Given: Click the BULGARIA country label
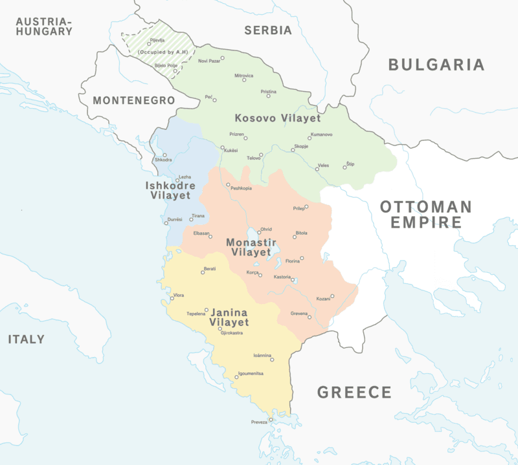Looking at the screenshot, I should coord(436,65).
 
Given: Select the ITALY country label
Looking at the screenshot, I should coord(27,340).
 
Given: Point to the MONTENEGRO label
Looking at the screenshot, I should coord(133,101).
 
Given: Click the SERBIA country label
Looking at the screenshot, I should coord(268,30).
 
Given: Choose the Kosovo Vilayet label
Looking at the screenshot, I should coord(278,118).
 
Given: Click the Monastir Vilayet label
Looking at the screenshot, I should coord(249,247).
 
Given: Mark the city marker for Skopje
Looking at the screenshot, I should coord(293,150).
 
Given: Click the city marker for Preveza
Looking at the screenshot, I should coord(271,419).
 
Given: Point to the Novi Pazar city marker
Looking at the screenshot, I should coord(222,58).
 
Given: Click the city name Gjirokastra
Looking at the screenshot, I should coord(232,333).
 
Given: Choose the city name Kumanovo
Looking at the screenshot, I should coord(321,134).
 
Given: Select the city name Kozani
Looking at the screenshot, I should coord(322,299).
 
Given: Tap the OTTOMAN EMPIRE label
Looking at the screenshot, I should coord(426,215).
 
